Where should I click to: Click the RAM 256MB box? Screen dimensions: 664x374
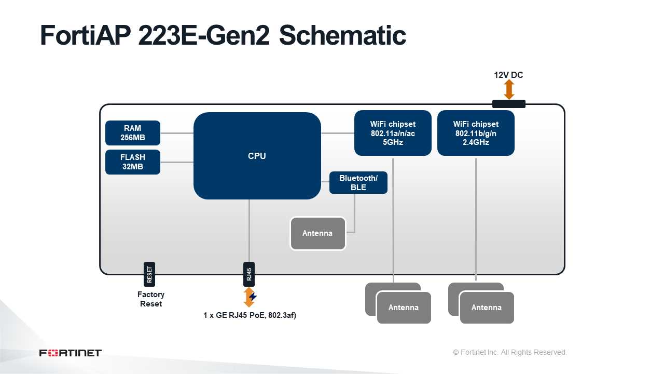pyautogui.click(x=132, y=132)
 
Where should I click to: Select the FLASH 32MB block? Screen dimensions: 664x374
pyautogui.click(x=132, y=162)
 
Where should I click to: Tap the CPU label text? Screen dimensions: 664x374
pyautogui.click(x=257, y=156)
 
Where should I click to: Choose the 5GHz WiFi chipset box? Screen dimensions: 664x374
pyautogui.click(x=393, y=133)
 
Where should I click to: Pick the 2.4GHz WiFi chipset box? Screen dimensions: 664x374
pyautogui.click(x=476, y=133)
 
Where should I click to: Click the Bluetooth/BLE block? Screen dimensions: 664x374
pyautogui.click(x=358, y=182)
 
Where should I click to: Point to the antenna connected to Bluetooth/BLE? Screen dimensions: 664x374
pyautogui.click(x=318, y=233)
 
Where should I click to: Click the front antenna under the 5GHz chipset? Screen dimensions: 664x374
pyautogui.click(x=404, y=308)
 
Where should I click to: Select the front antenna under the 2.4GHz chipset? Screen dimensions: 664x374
pyautogui.click(x=487, y=308)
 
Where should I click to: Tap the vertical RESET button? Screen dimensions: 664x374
pyautogui.click(x=149, y=274)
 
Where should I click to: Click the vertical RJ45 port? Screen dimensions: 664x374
pyautogui.click(x=249, y=274)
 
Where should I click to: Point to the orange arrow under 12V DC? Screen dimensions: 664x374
pyautogui.click(x=509, y=89)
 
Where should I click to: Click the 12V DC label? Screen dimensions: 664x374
pyautogui.click(x=508, y=75)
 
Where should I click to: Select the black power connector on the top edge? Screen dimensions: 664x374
pyautogui.click(x=509, y=104)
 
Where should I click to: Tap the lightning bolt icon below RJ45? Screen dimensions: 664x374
pyautogui.click(x=253, y=297)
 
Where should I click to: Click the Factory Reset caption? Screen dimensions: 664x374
pyautogui.click(x=151, y=299)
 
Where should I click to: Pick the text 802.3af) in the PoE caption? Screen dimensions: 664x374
pyautogui.click(x=282, y=315)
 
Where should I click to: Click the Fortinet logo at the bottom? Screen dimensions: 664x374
pyautogui.click(x=70, y=353)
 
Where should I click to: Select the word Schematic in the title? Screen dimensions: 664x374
pyautogui.click(x=342, y=35)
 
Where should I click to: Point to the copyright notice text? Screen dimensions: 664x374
pyautogui.click(x=509, y=352)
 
